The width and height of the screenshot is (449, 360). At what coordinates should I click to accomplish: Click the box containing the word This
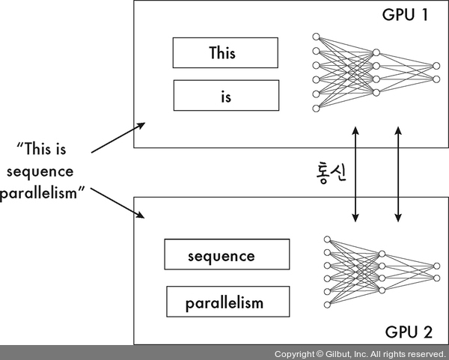pyautogui.click(x=225, y=53)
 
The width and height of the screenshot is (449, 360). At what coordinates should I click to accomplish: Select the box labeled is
pyautogui.click(x=225, y=96)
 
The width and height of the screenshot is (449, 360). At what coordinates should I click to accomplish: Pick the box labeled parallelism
pyautogui.click(x=226, y=302)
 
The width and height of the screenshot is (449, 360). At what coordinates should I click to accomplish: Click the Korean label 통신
pyautogui.click(x=327, y=173)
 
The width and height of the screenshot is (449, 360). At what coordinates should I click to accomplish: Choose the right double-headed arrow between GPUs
pyautogui.click(x=396, y=173)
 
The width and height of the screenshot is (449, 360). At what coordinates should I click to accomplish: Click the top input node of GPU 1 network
pyautogui.click(x=316, y=37)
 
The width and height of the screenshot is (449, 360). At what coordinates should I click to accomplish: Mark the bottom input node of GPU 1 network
pyautogui.click(x=316, y=108)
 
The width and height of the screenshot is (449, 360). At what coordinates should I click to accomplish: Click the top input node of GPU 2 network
pyautogui.click(x=326, y=240)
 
